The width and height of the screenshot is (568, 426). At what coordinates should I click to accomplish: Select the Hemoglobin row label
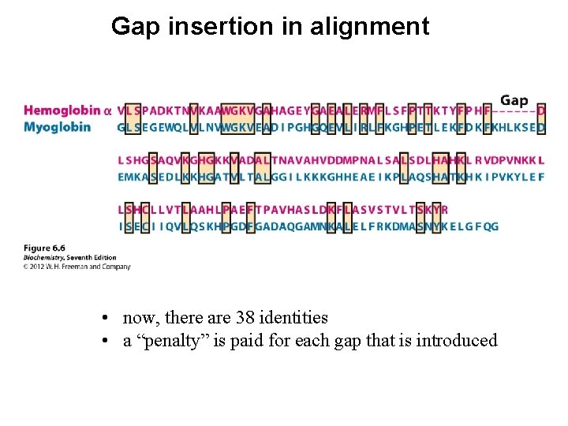62,111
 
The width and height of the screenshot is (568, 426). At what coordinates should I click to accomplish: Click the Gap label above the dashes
514,100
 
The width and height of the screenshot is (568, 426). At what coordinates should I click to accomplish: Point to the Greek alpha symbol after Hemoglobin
108,111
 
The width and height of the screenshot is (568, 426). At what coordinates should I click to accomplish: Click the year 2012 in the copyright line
37,267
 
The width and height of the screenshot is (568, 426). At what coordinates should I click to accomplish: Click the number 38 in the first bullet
244,318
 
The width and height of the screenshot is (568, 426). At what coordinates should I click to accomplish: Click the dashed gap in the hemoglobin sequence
514,111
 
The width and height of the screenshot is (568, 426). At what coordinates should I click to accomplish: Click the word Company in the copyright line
118,267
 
